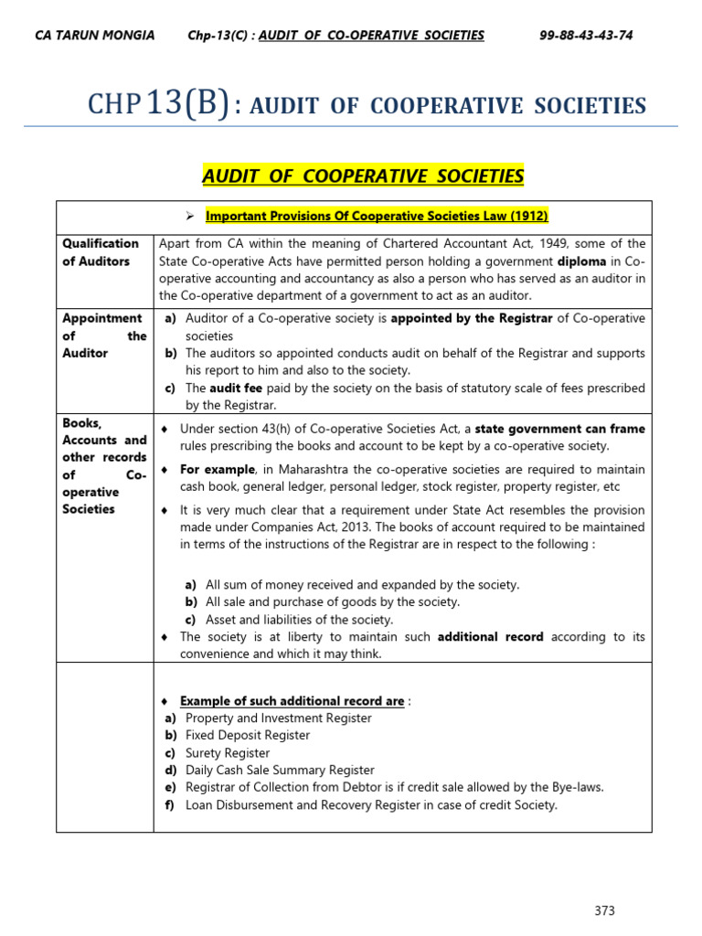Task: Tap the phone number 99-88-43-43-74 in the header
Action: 586,36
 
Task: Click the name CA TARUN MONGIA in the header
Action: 94,36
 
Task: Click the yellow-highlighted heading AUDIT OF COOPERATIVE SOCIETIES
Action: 363,175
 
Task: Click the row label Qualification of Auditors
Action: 101,252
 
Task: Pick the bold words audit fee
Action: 238,388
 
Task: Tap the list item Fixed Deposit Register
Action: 248,735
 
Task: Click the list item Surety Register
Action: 228,753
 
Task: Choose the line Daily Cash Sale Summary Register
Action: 280,771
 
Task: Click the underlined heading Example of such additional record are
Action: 292,701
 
